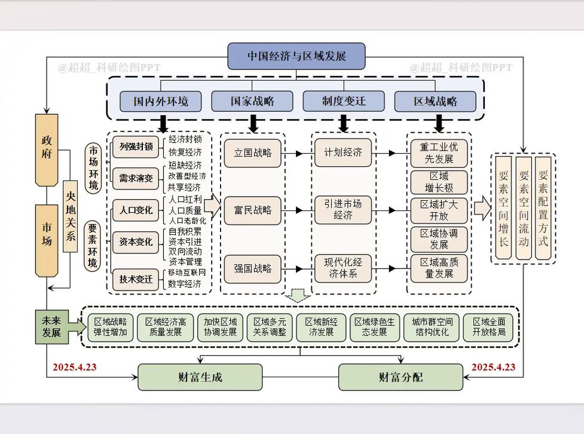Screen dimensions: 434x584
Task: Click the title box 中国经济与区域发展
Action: pos(296,56)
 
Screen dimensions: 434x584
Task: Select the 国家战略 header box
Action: pos(252,101)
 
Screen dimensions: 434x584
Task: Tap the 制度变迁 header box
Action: pos(343,101)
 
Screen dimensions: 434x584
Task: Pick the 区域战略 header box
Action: pos(435,101)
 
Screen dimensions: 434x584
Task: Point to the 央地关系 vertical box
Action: pos(71,215)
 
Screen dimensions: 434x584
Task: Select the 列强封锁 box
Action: pos(136,146)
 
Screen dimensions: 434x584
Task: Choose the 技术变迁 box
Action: pos(136,279)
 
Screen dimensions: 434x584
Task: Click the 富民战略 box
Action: pos(252,210)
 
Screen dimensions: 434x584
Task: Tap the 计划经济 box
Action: pos(344,153)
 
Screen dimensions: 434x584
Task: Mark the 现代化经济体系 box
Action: pos(344,268)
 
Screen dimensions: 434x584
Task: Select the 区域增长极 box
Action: pos(439,182)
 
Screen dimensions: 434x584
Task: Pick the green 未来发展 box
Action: pos(51,327)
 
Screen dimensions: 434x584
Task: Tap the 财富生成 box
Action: pos(200,377)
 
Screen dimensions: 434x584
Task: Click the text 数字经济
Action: pos(185,284)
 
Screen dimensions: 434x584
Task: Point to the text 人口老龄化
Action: pos(187,221)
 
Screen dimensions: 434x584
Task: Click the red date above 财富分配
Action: pos(493,366)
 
